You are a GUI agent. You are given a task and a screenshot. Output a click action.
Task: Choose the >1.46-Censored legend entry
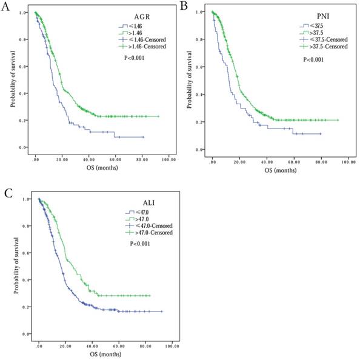tap(144, 45)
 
